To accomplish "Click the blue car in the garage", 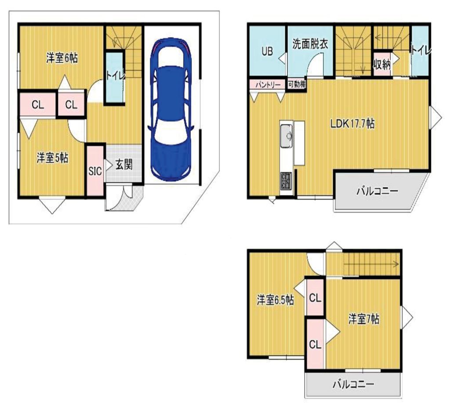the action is (x=170, y=110).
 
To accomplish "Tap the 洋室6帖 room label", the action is (x=62, y=58).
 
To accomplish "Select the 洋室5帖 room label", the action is (x=52, y=158).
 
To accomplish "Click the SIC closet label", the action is (x=95, y=171).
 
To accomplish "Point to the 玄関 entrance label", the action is (x=124, y=165).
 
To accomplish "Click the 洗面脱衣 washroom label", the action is (x=310, y=44).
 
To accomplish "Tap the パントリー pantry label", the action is (x=268, y=85).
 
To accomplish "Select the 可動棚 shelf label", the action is (x=297, y=84).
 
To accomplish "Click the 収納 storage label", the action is (x=382, y=65).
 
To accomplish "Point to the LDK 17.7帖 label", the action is (x=352, y=124).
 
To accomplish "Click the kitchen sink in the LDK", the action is (x=287, y=136).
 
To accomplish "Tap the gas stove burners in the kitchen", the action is (x=286, y=180).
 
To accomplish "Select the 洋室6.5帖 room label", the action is (x=275, y=300).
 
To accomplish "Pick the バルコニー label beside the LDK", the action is (x=377, y=191).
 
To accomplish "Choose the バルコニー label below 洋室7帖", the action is (x=354, y=384).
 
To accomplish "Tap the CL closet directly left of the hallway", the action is (x=71, y=104).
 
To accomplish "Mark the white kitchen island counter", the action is (x=299, y=143).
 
